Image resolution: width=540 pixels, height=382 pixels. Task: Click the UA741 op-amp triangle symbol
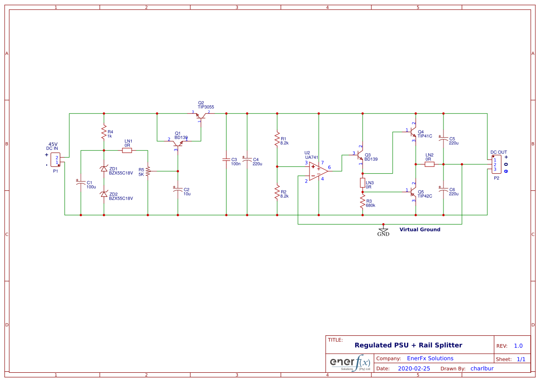coord(317,171)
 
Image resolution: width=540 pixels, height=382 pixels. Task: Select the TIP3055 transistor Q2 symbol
coord(201,115)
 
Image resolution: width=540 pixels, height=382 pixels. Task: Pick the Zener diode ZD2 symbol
coord(104,194)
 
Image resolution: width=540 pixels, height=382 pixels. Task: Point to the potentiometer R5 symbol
coord(148,171)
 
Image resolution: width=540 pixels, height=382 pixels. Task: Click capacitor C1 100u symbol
coord(81,183)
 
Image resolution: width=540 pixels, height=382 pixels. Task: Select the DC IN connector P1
coord(55,160)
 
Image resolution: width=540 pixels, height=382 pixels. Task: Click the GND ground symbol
coord(383,230)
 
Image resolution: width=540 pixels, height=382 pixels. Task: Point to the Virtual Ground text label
coord(419,230)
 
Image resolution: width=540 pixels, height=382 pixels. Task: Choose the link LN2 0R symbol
coord(430,164)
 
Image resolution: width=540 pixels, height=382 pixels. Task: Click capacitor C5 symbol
coord(443,139)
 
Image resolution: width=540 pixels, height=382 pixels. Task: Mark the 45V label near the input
coord(54,144)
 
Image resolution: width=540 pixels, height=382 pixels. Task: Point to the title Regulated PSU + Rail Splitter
coord(408,345)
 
